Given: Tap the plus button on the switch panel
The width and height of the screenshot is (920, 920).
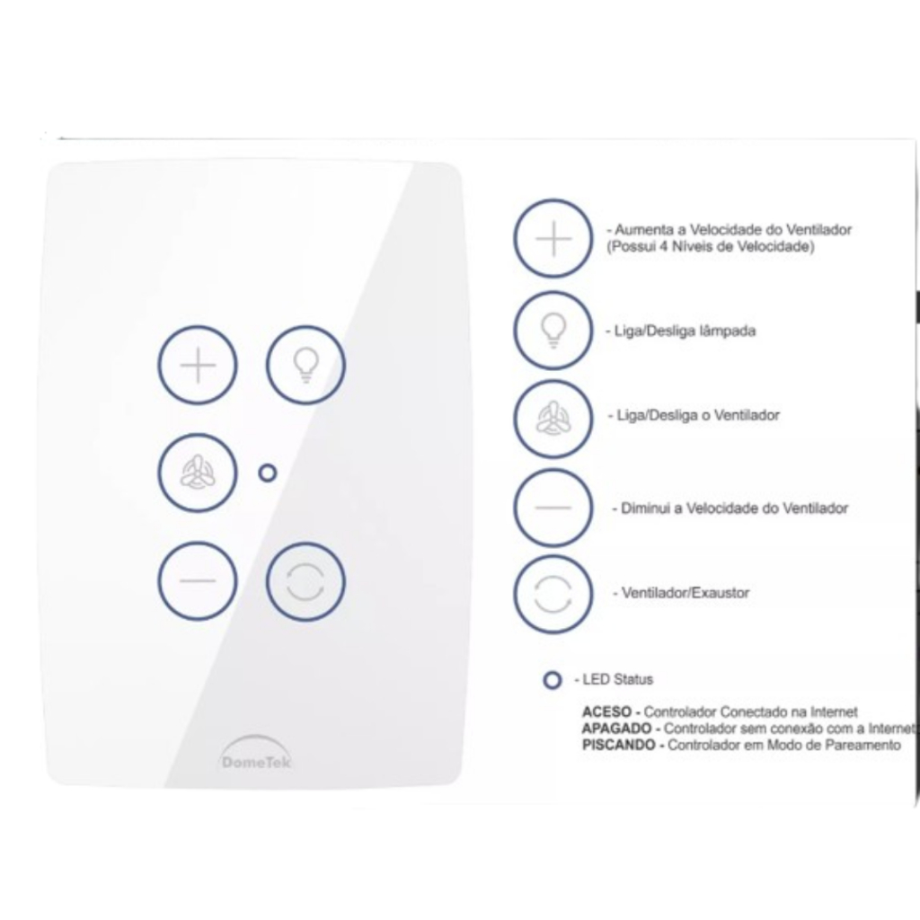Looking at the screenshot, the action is pos(198,365).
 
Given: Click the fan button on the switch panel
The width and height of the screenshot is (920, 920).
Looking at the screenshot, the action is pos(198,473).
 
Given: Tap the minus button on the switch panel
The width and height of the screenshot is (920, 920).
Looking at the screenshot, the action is pos(198,581).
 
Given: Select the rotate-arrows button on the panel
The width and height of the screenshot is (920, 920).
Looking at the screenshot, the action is pos(305,581).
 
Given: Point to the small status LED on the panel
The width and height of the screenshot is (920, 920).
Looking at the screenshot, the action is pos(268,473).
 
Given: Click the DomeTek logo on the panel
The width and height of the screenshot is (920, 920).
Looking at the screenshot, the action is pos(256,753).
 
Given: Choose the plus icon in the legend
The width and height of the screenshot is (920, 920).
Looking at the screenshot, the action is pos(553,238).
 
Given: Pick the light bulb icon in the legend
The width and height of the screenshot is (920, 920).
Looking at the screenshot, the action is pos(553,331).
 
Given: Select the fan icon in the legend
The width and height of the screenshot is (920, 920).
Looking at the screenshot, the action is pos(553,419).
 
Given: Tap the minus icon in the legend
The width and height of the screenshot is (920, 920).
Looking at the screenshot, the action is pos(553,508).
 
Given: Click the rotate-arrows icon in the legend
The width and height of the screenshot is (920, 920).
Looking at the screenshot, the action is pos(553,595).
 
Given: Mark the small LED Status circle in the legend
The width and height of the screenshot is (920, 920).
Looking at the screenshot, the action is pos(553,680).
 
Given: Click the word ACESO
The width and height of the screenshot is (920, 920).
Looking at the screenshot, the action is pos(606,712).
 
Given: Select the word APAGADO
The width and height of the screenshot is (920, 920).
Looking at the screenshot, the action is pos(616,729).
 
